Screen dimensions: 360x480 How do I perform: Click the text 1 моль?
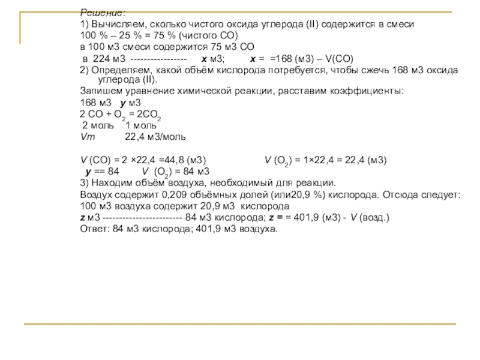click(140, 126)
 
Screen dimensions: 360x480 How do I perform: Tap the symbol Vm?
click(88, 137)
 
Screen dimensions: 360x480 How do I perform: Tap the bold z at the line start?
click(82, 217)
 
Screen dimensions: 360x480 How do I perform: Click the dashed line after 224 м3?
click(158, 59)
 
